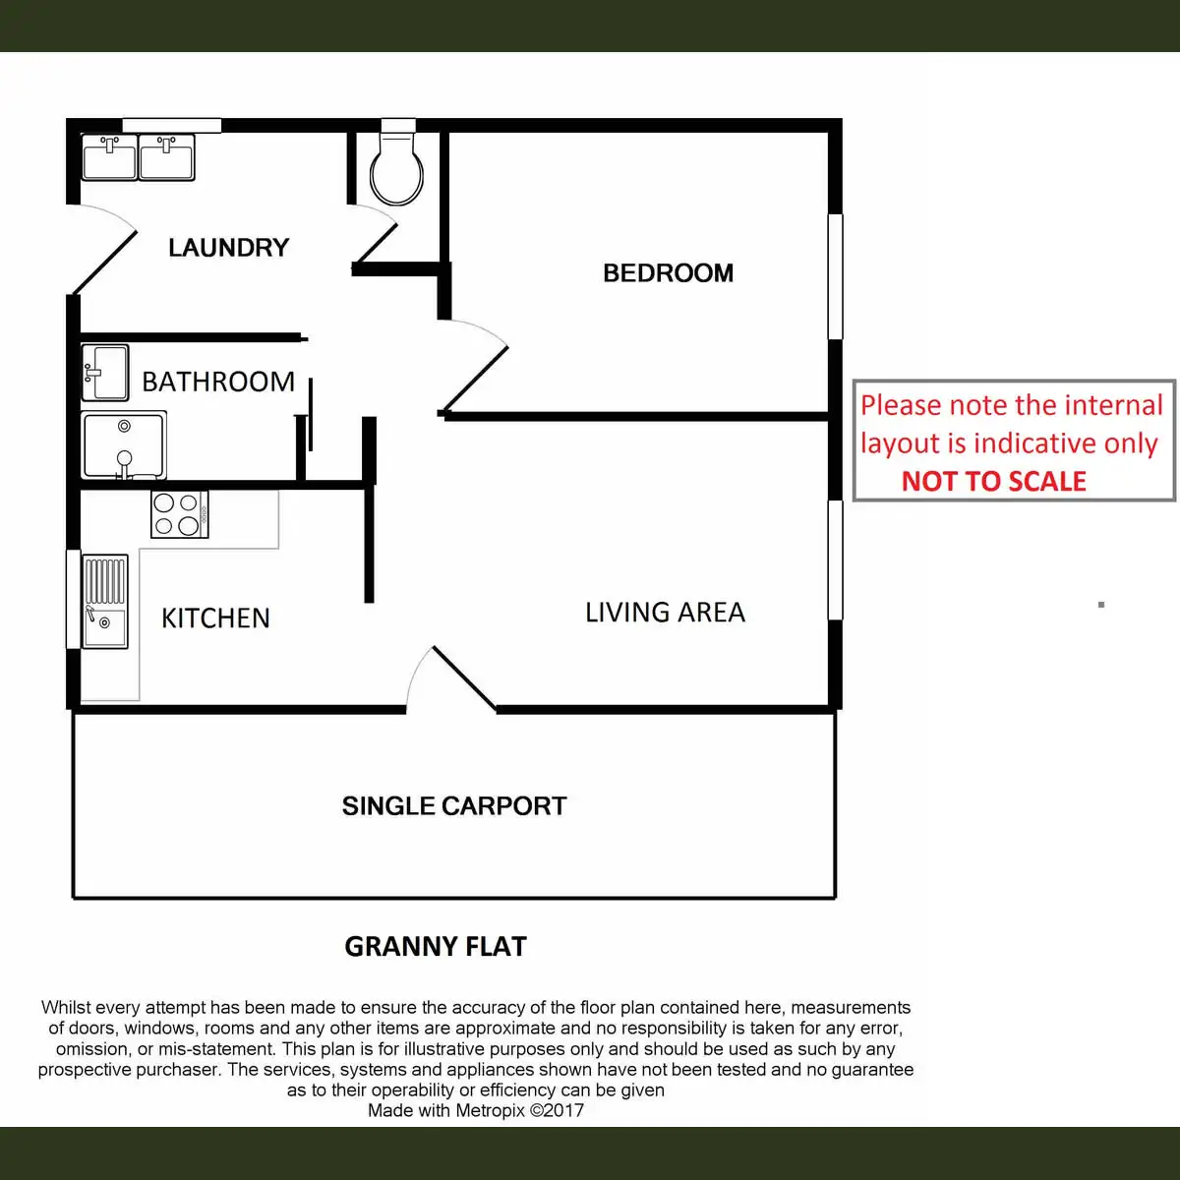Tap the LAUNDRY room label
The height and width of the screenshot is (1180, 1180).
pyautogui.click(x=228, y=247)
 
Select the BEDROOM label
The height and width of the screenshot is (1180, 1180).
pyautogui.click(x=668, y=272)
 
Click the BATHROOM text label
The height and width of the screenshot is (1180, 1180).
pyautogui.click(x=218, y=382)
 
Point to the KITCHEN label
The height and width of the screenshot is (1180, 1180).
pyautogui.click(x=215, y=618)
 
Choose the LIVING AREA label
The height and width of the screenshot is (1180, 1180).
pyautogui.click(x=665, y=613)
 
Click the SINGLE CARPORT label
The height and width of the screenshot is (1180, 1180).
pyautogui.click(x=454, y=806)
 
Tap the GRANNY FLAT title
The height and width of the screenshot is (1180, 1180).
pyautogui.click(x=436, y=947)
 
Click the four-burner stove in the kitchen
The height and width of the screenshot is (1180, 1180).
pyautogui.click(x=179, y=514)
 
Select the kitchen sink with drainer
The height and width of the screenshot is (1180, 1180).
pyautogui.click(x=104, y=602)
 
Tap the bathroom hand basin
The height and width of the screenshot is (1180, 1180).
pyautogui.click(x=104, y=373)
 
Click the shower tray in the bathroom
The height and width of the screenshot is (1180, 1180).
pyautogui.click(x=123, y=445)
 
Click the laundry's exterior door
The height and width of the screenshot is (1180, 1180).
pyautogui.click(x=102, y=250)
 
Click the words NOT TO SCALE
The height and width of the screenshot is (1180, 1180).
pyautogui.click(x=993, y=481)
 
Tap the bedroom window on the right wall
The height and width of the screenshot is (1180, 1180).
pyautogui.click(x=835, y=276)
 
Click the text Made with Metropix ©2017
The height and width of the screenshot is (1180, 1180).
pyautogui.click(x=476, y=1111)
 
